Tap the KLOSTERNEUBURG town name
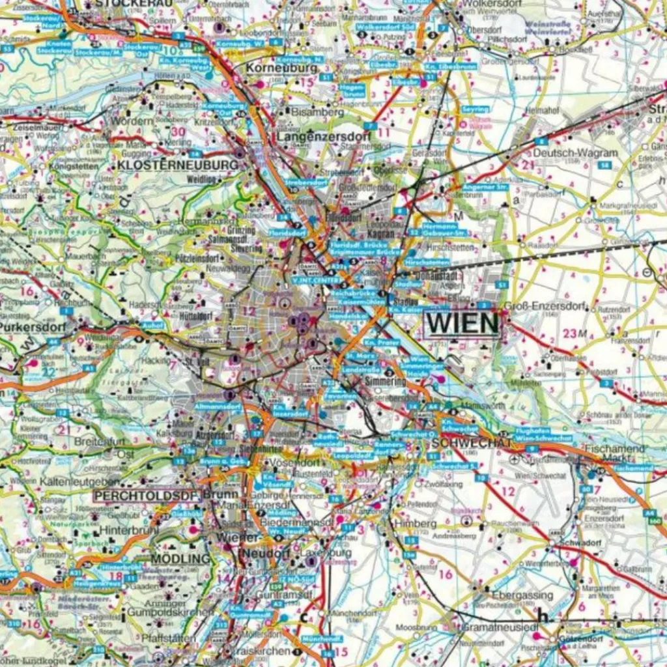[178, 165]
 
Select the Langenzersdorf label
[324, 137]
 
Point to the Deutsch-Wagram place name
[575, 153]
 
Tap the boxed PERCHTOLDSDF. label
[145, 495]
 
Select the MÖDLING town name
[180, 559]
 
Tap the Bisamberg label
[318, 112]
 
